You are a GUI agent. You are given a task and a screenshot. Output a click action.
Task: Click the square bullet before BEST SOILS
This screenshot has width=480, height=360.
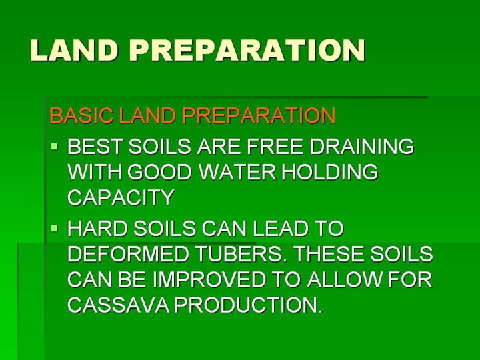coord(55,146)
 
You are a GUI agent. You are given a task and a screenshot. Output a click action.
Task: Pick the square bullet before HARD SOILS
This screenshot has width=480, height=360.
coord(55,228)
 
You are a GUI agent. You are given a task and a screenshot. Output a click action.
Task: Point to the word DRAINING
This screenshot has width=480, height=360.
coord(362,146)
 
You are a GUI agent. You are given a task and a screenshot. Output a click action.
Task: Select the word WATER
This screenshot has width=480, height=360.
coord(237,172)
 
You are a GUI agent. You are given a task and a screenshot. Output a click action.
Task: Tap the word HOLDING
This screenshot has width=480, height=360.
coord(330,172)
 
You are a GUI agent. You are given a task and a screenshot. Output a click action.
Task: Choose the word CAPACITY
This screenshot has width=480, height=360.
coord(121,197)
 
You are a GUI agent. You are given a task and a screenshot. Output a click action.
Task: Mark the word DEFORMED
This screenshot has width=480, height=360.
coord(127,254)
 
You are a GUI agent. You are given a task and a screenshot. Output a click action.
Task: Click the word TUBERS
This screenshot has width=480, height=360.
coord(240,254)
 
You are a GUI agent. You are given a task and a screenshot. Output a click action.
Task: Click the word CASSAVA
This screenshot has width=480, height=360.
coord(118,305)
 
